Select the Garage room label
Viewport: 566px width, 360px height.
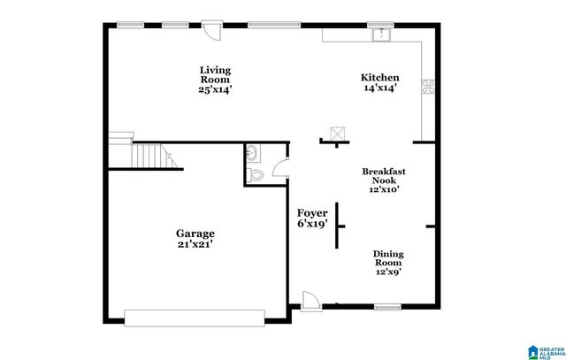click(x=195, y=234)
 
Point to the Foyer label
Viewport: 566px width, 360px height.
click(x=312, y=214)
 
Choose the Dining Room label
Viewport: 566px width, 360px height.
click(x=387, y=257)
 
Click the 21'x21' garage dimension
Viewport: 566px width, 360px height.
click(x=195, y=245)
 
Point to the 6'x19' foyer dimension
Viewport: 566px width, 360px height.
click(x=312, y=225)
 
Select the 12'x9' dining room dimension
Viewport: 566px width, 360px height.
click(x=387, y=272)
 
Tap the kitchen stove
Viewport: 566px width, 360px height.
click(x=429, y=87)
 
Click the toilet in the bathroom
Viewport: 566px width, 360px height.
click(x=256, y=175)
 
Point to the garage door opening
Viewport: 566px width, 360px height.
click(x=194, y=315)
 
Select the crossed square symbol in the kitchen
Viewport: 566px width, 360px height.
click(x=335, y=134)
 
